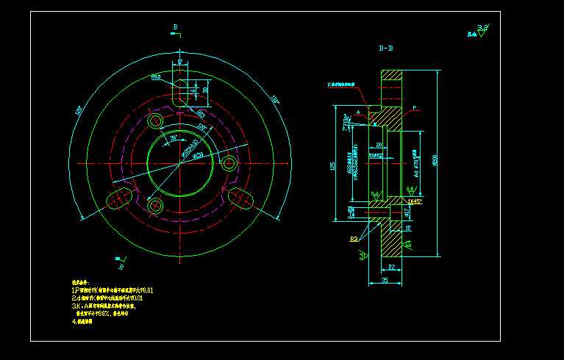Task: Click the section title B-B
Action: coord(385,48)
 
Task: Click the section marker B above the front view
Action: coord(175,27)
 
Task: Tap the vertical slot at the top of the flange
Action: coord(179,93)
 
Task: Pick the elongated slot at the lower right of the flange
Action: coord(239,196)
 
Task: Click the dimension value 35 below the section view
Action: coord(384,281)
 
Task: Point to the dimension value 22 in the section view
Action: coord(391,267)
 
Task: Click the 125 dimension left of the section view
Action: coord(333,167)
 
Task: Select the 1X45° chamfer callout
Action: coord(414,201)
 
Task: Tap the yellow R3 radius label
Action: coord(355,240)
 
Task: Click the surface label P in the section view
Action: coord(414,108)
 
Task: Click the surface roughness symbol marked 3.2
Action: coord(482,30)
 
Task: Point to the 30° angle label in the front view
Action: coord(173,138)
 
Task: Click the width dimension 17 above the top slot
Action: coord(179,62)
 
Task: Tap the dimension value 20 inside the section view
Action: coord(379,145)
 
